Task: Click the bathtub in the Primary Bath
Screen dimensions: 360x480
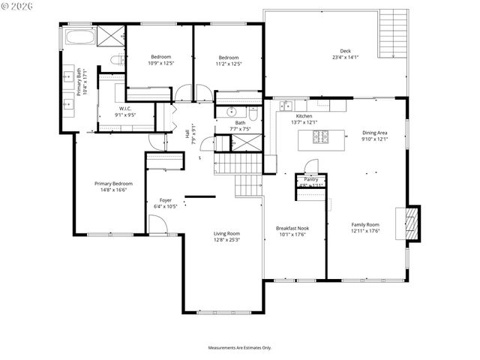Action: pyautogui.click(x=79, y=37)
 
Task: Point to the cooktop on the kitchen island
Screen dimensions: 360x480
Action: pyautogui.click(x=321, y=136)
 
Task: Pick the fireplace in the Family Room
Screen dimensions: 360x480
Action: pyautogui.click(x=410, y=223)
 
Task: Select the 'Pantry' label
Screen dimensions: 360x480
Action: pyautogui.click(x=310, y=180)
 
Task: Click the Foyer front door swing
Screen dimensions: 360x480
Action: pyautogui.click(x=156, y=223)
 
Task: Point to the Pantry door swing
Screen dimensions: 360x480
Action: pyautogui.click(x=311, y=166)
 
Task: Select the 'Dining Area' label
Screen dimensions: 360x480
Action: pyautogui.click(x=374, y=133)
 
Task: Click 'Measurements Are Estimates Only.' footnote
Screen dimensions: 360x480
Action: pyautogui.click(x=239, y=347)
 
